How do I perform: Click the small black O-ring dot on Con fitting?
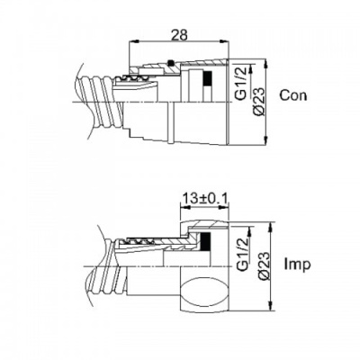point(171,63)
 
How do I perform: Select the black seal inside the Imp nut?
point(205,240)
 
